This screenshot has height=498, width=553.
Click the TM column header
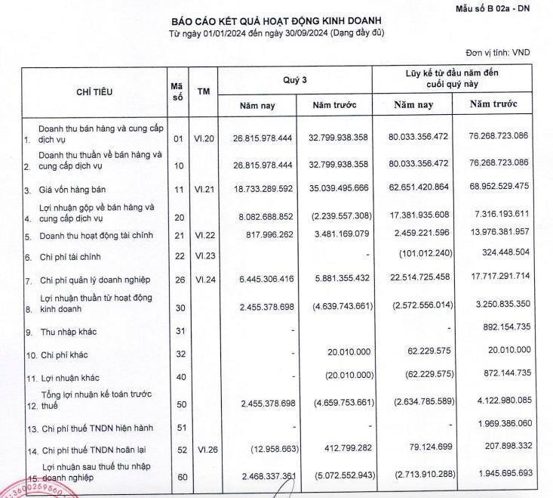tap(204, 91)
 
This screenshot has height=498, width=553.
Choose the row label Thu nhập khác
tap(70, 332)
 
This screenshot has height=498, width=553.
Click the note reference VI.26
tap(204, 450)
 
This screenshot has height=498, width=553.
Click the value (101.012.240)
tap(422, 256)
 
